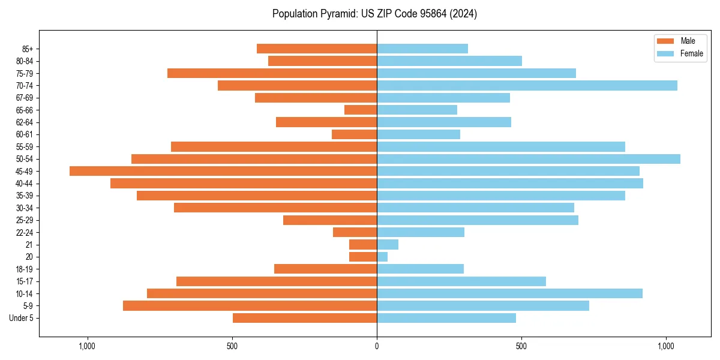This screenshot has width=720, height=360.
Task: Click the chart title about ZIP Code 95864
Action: tap(374, 14)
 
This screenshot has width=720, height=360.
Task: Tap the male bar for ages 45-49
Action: tap(223, 171)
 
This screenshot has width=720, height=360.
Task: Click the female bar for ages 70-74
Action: tap(527, 86)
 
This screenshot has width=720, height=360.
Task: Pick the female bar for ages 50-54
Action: tap(529, 159)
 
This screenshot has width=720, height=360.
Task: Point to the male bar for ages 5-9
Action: tap(250, 305)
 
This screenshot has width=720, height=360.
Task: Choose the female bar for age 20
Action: tap(382, 257)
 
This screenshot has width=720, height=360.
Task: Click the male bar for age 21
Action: tap(363, 245)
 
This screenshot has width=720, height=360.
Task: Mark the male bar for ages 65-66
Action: tap(361, 110)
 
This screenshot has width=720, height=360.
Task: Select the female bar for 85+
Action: tap(422, 49)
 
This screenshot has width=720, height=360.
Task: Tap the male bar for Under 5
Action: tap(305, 318)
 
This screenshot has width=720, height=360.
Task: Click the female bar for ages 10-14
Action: tap(509, 293)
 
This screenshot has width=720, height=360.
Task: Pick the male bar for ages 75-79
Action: tap(272, 73)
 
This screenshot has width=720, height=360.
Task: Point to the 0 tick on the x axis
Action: tap(377, 346)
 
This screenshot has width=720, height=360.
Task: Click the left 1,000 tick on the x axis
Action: tap(88, 346)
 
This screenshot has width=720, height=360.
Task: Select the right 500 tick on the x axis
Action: tap(521, 346)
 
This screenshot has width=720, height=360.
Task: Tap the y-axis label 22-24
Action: tap(24, 232)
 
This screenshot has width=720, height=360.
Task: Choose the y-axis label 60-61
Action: tap(24, 134)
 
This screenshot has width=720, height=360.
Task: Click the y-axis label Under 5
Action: tap(21, 318)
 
